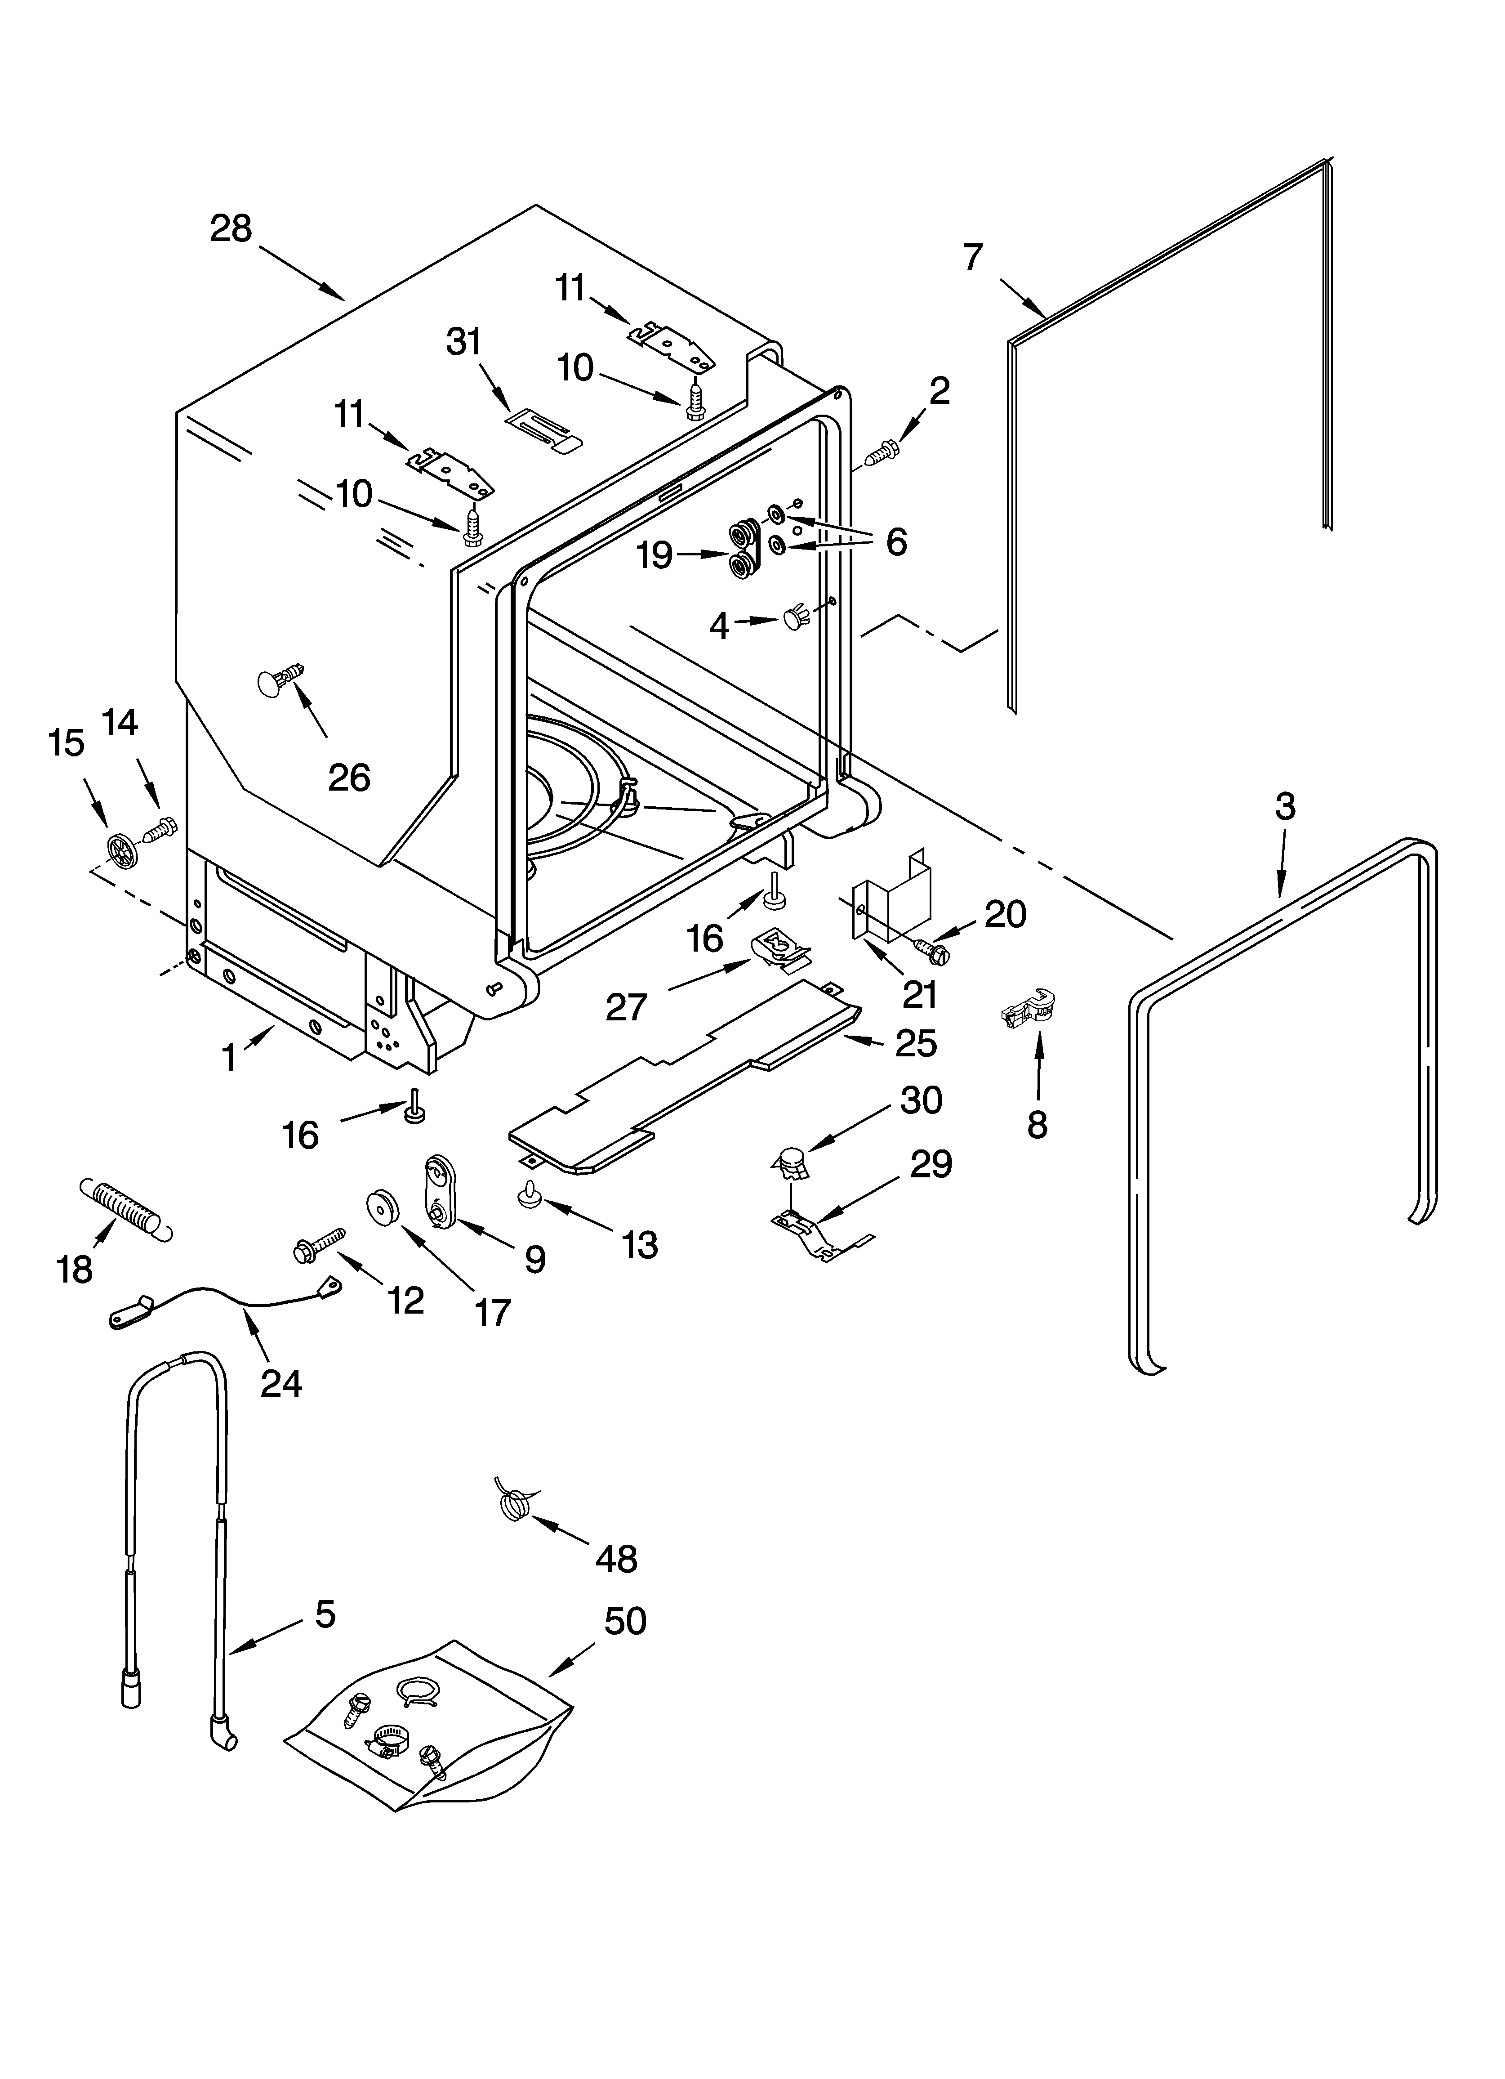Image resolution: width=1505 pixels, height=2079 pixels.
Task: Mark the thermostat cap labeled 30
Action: pyautogui.click(x=791, y=1164)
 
